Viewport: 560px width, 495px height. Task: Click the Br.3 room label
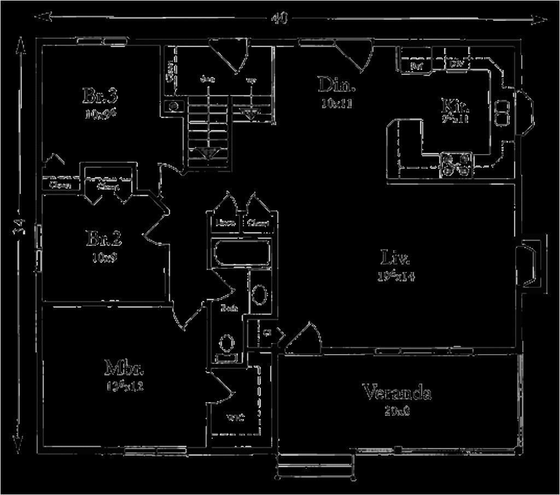(x=101, y=96)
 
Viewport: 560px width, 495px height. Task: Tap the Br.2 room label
(x=103, y=239)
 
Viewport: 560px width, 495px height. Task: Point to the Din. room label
(x=337, y=85)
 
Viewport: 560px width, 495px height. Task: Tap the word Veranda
(x=397, y=392)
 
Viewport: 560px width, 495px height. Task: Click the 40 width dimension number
(x=279, y=18)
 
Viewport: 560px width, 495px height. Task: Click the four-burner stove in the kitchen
(x=456, y=165)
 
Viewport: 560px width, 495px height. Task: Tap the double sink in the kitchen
(x=501, y=112)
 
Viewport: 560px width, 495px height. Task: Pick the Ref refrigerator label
(x=416, y=66)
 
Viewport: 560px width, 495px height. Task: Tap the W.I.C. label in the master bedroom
(x=235, y=419)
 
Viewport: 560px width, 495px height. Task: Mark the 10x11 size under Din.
(x=337, y=104)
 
